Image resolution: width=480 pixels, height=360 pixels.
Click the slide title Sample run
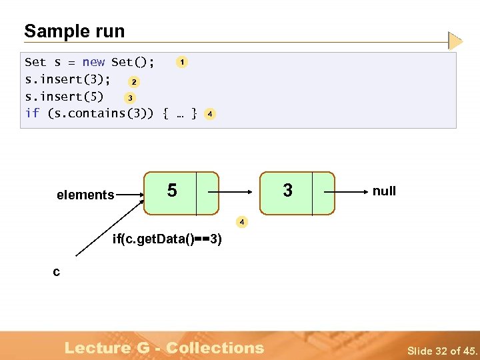click(x=74, y=31)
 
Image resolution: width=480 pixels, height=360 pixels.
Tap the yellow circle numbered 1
click(x=181, y=62)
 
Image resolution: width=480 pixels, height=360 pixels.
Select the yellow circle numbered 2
click(x=134, y=82)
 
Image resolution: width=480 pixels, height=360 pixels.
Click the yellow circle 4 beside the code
click(x=210, y=114)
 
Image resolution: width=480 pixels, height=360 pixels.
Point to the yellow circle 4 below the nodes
click(x=242, y=220)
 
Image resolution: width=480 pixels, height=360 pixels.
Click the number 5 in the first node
click(x=172, y=191)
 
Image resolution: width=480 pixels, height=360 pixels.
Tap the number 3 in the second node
click(x=287, y=191)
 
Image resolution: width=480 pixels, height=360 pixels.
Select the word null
click(x=384, y=191)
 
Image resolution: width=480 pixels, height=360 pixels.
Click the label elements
click(x=85, y=195)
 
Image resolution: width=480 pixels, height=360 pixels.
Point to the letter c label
click(x=57, y=271)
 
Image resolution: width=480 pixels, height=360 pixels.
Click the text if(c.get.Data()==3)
click(x=167, y=239)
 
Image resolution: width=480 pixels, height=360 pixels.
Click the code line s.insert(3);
click(x=67, y=79)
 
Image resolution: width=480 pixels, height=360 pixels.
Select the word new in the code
click(x=93, y=62)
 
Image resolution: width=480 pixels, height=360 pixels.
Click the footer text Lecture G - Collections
click(x=164, y=347)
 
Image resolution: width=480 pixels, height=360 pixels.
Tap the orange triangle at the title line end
click(x=455, y=41)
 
